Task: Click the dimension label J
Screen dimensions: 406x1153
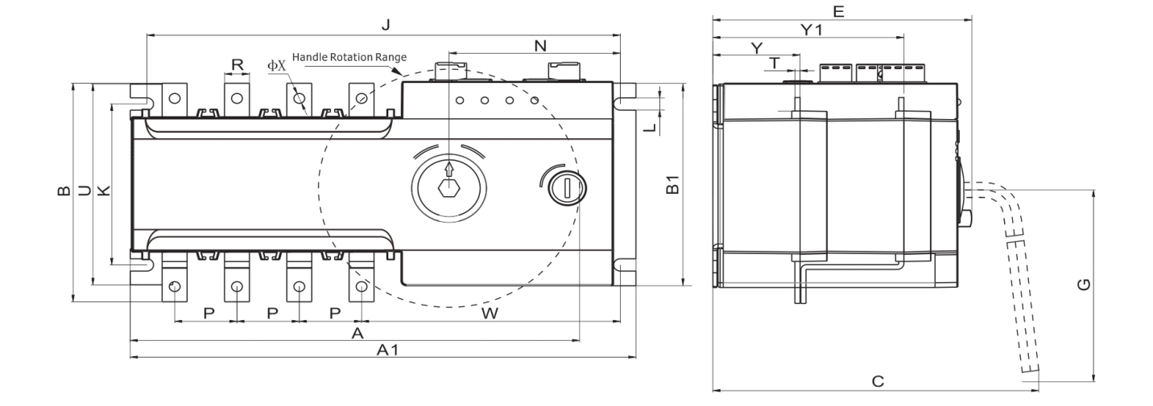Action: point(386,25)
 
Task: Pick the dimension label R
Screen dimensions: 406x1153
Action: point(238,64)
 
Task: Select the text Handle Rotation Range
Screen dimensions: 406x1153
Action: point(349,58)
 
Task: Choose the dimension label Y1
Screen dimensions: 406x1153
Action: point(811,30)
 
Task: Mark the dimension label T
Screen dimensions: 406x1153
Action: point(775,63)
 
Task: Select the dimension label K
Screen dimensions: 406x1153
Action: point(102,190)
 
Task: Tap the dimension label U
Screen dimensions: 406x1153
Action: point(83,191)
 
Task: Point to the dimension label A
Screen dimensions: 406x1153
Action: point(358,331)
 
